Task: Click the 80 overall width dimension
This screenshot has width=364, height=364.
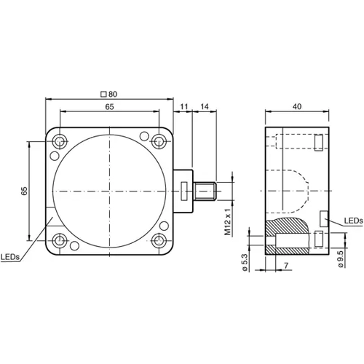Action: pyautogui.click(x=114, y=93)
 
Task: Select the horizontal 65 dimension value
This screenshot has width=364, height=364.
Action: pyautogui.click(x=108, y=106)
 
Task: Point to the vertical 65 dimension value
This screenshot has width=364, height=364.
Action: pyautogui.click(x=24, y=191)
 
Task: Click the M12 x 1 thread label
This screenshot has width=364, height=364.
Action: pyautogui.click(x=228, y=218)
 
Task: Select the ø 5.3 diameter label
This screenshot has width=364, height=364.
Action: pyautogui.click(x=247, y=259)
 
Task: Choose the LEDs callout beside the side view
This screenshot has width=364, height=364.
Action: pyautogui.click(x=353, y=220)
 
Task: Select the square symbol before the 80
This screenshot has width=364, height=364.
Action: pyautogui.click(x=105, y=93)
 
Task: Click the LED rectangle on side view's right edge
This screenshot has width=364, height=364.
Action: pyautogui.click(x=324, y=217)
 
